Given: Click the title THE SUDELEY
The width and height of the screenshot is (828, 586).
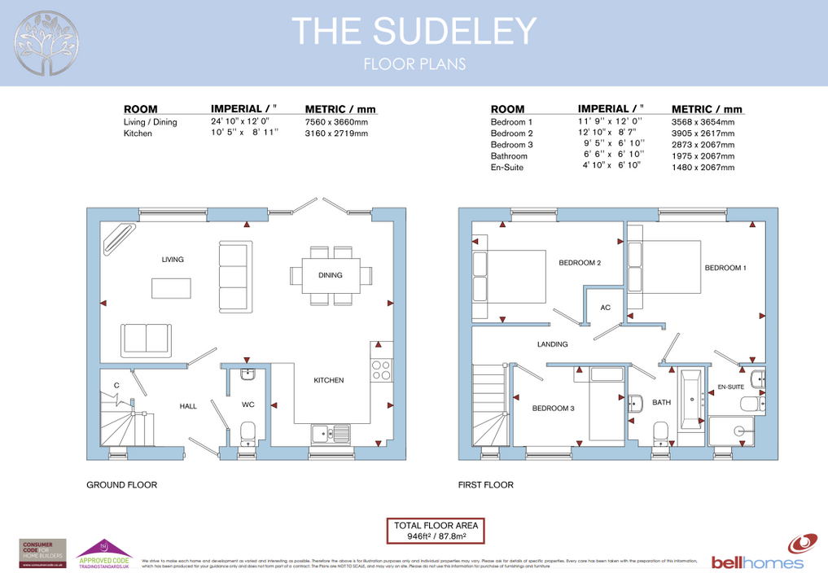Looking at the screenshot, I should click(414, 31).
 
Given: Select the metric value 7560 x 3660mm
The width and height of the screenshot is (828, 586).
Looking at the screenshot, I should click(336, 122).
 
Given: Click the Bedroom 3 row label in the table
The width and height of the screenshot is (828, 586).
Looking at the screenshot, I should click(511, 144).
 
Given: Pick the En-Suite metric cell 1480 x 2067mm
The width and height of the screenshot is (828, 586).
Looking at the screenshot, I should click(702, 167).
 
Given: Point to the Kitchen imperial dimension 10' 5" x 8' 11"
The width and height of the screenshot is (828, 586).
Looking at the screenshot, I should click(244, 133).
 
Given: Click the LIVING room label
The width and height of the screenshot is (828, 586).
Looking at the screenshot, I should click(173, 260).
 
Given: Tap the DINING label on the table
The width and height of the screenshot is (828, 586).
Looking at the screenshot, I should click(331, 275).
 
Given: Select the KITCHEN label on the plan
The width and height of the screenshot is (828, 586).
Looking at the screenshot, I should click(329, 380).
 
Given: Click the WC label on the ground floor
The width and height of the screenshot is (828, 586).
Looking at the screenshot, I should click(248, 404).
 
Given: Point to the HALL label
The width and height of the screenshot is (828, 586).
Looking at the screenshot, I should click(188, 406).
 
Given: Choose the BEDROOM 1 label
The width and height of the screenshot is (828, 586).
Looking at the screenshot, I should click(725, 268).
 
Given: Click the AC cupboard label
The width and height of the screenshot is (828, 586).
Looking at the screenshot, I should click(605, 308).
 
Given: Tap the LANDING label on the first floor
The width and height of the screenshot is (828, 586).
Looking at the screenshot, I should click(552, 344).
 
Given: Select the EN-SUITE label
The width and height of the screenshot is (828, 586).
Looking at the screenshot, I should click(730, 387).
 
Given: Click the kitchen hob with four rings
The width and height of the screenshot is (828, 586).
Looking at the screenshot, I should click(381, 370).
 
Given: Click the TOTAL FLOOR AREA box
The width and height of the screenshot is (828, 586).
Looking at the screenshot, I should click(436, 531).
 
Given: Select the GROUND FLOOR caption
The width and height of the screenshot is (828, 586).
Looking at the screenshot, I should click(121, 485).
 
